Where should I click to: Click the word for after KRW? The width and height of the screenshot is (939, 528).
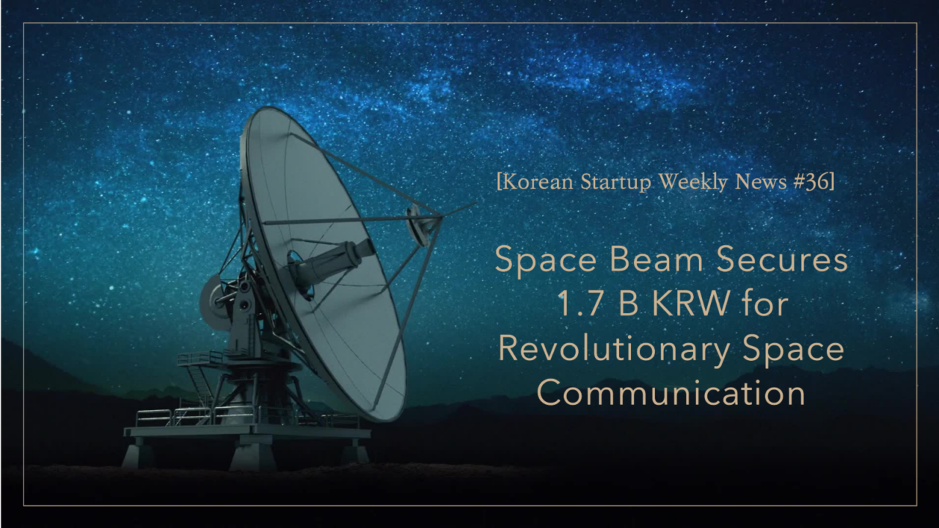(x=764, y=304)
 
